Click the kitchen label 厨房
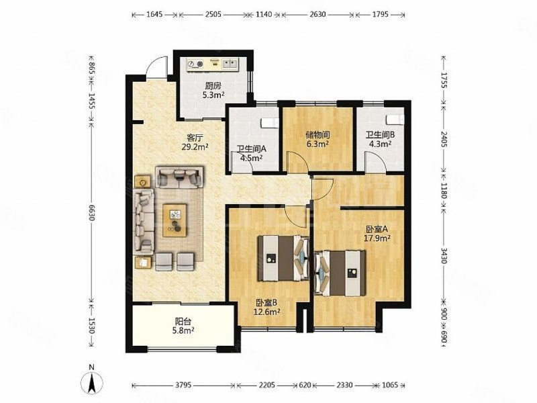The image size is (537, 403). click(213, 86)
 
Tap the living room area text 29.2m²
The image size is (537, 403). click(195, 147)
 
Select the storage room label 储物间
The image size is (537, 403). click(318, 135)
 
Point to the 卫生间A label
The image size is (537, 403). click(251, 149)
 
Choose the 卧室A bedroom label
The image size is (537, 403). click(377, 229)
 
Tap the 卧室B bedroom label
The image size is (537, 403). click(266, 303)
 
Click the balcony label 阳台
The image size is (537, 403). click(183, 322)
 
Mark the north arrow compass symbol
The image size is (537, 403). click(92, 380)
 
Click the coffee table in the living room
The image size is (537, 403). click(175, 220)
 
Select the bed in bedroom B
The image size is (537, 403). click(283, 258)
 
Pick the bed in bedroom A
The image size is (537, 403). click(340, 273)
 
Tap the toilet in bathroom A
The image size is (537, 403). click(270, 123)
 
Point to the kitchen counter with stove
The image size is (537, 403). click(212, 64)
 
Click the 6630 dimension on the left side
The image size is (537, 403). click(91, 213)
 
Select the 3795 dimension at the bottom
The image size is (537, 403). click(183, 385)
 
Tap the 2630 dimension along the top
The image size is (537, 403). click(318, 14)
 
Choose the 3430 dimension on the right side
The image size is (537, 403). click(444, 256)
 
